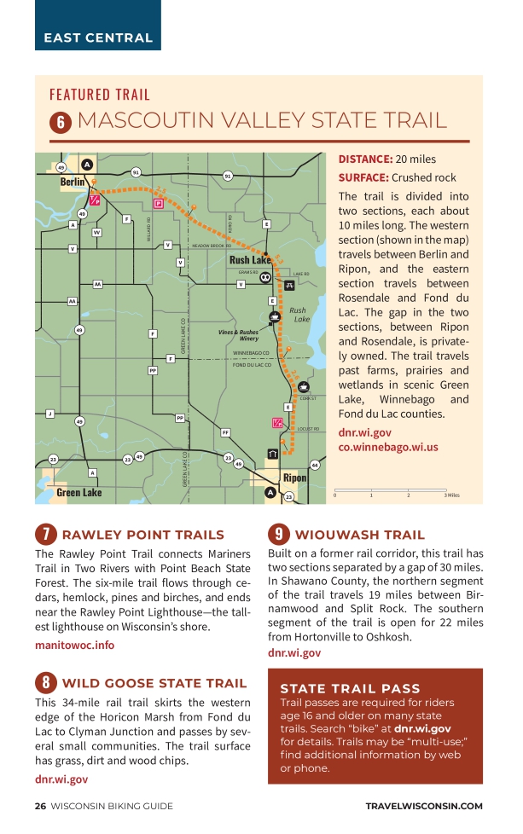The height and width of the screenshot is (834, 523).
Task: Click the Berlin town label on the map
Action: [x=73, y=182]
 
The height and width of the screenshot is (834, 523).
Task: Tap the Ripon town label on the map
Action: [x=294, y=478]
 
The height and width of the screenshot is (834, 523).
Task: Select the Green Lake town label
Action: [x=78, y=493]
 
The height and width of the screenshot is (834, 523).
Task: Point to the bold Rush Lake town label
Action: [x=250, y=260]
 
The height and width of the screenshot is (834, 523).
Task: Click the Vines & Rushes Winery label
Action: [x=238, y=335]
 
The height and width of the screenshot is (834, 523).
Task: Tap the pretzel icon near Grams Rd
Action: [x=265, y=277]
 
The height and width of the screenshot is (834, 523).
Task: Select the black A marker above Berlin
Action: [x=86, y=165]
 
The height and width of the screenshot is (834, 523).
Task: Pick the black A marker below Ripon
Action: [x=270, y=492]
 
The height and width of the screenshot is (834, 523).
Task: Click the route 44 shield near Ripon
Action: [x=315, y=465]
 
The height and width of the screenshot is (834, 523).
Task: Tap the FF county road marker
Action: [x=225, y=433]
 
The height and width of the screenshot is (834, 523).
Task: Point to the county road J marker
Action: [x=49, y=414]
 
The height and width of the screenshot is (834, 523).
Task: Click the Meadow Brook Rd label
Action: [x=212, y=246]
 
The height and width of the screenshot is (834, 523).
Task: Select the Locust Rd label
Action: [x=308, y=429]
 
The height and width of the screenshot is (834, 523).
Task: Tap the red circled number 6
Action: [x=61, y=122]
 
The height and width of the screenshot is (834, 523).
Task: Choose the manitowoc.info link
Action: [x=75, y=645]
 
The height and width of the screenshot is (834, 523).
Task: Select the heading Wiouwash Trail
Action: [x=359, y=535]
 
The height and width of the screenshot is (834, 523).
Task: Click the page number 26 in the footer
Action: [x=40, y=806]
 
